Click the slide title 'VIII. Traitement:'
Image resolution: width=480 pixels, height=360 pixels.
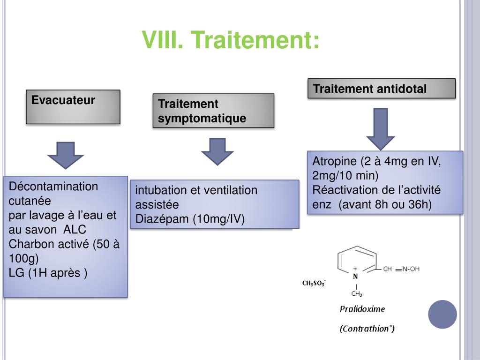tap(232, 40)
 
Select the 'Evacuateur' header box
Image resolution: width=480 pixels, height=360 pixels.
tap(73, 107)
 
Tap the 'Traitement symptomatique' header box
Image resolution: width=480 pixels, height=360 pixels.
tap(213, 111)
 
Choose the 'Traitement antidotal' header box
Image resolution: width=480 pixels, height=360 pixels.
tap(381, 89)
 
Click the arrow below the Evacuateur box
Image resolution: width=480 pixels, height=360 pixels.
tap(66, 154)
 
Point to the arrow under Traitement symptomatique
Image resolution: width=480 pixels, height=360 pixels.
tap(217, 151)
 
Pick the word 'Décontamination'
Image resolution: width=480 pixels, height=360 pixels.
tap(53, 187)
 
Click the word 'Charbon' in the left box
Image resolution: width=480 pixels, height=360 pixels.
tap(29, 244)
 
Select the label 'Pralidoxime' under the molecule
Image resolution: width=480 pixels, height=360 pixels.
tap(362, 309)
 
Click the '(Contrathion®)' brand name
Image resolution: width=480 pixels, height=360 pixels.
tap(367, 329)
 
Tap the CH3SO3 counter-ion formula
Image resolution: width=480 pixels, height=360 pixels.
tap(314, 283)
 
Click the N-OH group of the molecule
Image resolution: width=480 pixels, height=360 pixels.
tap(411, 269)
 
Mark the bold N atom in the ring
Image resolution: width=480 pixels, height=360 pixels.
tap(355, 276)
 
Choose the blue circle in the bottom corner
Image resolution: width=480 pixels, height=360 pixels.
tap(442, 314)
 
